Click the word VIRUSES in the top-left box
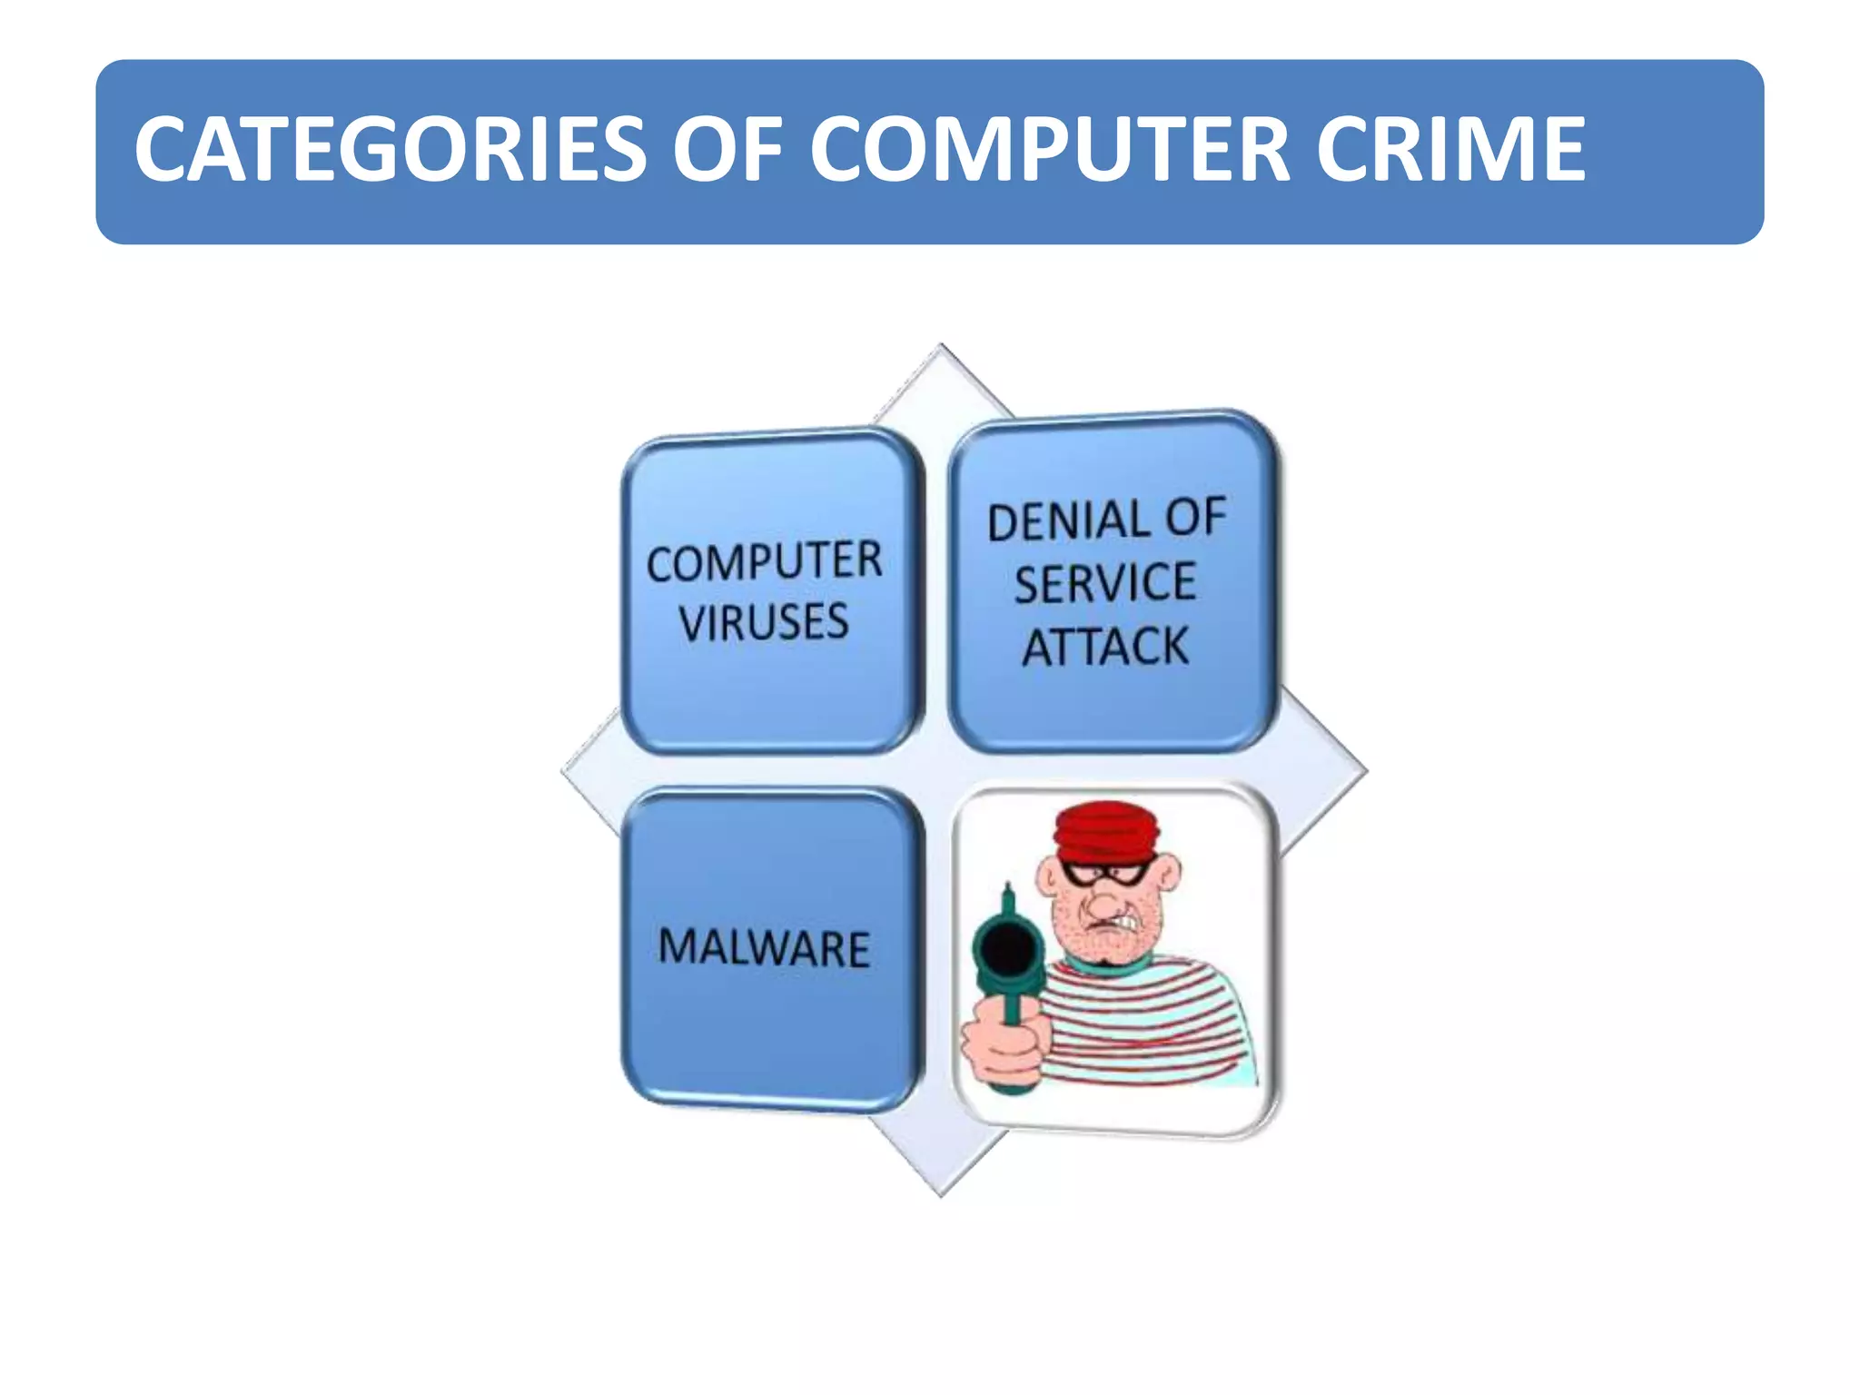click(764, 623)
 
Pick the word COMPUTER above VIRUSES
click(764, 562)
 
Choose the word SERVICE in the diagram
click(1105, 584)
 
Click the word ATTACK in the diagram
click(1105, 648)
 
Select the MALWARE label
click(764, 948)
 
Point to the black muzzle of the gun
click(1006, 947)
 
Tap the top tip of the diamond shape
click(942, 347)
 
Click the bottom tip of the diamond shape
click(942, 1193)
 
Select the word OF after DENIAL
click(1196, 518)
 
